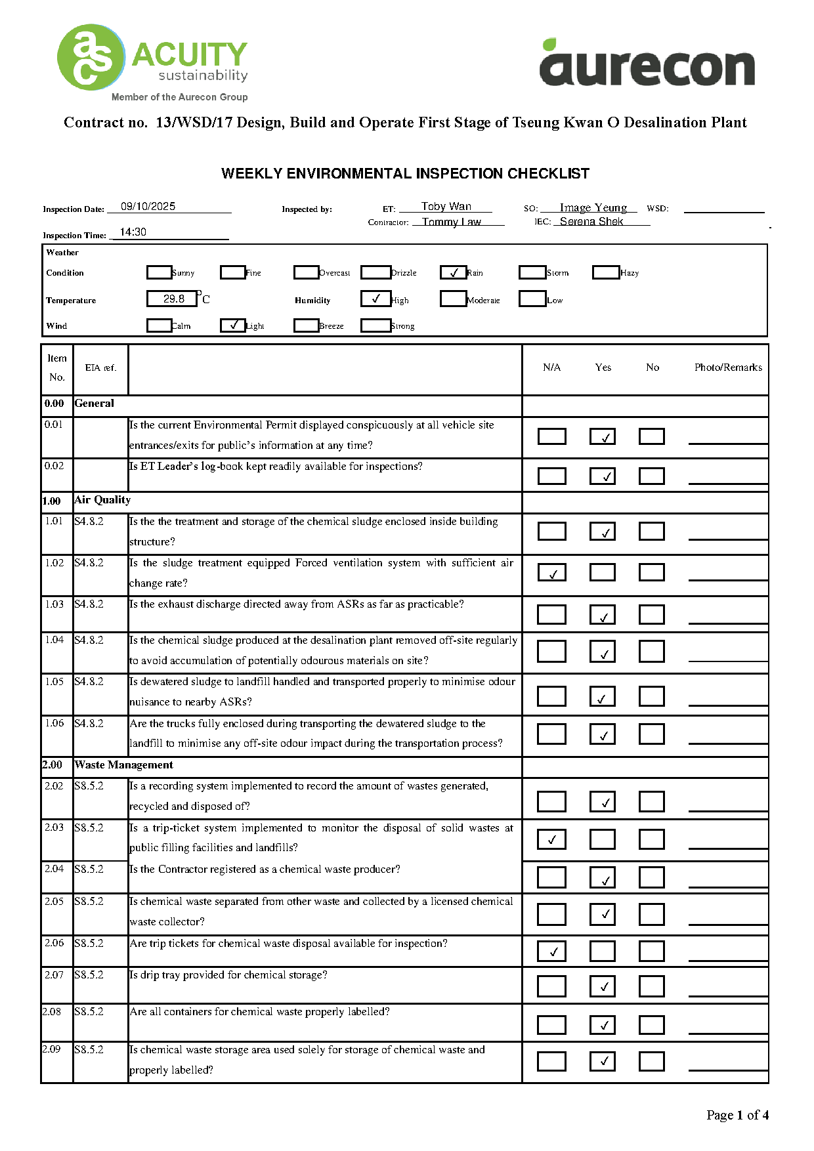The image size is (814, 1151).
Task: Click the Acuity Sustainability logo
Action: pyautogui.click(x=152, y=62)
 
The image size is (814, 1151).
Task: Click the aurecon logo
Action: pyautogui.click(x=647, y=64)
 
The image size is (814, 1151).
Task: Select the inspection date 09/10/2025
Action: pyautogui.click(x=148, y=206)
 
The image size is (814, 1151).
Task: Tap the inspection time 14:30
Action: pyautogui.click(x=133, y=232)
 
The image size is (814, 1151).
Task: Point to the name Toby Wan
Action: pyautogui.click(x=446, y=206)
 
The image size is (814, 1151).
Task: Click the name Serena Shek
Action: pyautogui.click(x=591, y=221)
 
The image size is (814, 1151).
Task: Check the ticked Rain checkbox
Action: pyautogui.click(x=453, y=272)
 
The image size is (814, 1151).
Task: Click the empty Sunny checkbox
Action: pyautogui.click(x=159, y=272)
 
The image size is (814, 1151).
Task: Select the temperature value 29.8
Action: pyautogui.click(x=173, y=299)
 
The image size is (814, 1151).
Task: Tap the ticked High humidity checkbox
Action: pyautogui.click(x=375, y=299)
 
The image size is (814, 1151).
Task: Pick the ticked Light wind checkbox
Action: pyautogui.click(x=233, y=325)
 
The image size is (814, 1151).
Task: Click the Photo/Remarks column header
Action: pyautogui.click(x=728, y=367)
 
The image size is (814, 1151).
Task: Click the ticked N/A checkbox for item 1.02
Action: pyautogui.click(x=552, y=573)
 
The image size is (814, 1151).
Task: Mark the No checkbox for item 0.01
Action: pyautogui.click(x=651, y=436)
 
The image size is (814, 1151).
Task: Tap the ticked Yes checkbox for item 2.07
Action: pyautogui.click(x=603, y=986)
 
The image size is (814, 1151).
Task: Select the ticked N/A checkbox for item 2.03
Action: pyautogui.click(x=552, y=839)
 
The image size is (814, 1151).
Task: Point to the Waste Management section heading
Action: pyautogui.click(x=124, y=764)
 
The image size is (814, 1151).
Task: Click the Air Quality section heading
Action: pyautogui.click(x=103, y=500)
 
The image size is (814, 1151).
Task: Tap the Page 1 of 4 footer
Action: pyautogui.click(x=737, y=1115)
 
